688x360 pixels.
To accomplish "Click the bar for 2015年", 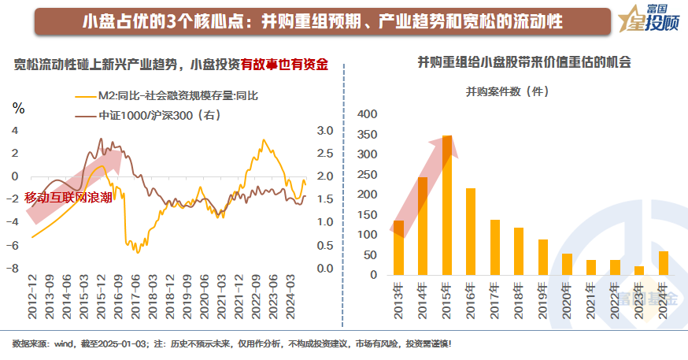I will coord(447,206).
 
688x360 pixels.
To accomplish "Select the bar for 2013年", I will coord(398,248).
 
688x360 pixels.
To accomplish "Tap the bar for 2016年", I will coord(471,232).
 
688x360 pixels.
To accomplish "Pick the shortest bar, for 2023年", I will coord(639,271).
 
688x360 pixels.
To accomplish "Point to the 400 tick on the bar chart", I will coord(368,114).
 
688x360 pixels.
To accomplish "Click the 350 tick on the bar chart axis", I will coord(368,134).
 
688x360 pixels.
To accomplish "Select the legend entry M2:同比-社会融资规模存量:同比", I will coord(176,95).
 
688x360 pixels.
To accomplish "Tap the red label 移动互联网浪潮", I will coord(68,197).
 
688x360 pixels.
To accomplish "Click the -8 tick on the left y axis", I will coord(13,269).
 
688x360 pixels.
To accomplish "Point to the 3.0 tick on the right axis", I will coord(325,131).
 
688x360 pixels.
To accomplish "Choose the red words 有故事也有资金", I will coord(284,64).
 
